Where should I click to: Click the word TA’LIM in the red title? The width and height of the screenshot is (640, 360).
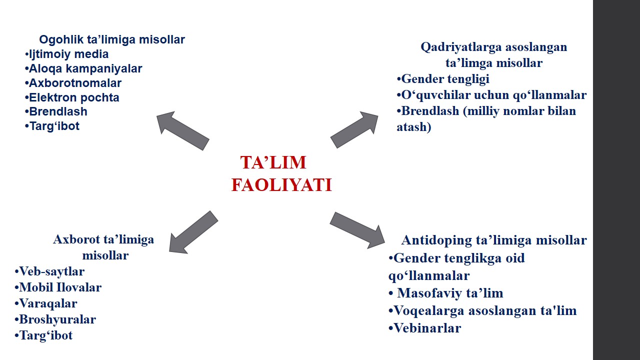(273, 162)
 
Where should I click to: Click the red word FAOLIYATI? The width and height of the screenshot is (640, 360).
(281, 185)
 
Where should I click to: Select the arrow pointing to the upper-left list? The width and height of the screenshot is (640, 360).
(183, 131)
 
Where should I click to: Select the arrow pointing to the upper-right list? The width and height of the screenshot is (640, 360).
(354, 129)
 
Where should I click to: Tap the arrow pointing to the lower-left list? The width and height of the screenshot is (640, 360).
(193, 232)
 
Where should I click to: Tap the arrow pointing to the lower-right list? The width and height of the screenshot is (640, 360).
(357, 230)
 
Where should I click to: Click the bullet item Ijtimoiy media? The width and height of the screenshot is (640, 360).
(66, 54)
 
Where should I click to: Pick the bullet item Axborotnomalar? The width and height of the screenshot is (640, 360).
(73, 83)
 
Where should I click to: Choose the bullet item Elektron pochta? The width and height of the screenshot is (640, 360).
(72, 97)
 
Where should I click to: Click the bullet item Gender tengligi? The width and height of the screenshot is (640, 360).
(443, 79)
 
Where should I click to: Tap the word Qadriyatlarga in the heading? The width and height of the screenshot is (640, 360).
(461, 47)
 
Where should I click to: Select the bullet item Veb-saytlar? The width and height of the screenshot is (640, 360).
(49, 271)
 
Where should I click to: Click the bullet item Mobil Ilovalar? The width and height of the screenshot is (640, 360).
(58, 287)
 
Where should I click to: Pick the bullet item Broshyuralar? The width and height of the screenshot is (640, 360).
(55, 319)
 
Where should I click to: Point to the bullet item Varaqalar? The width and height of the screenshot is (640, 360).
(45, 303)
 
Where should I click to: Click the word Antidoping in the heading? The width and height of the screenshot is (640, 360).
(436, 240)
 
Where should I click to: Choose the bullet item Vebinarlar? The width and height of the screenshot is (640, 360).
(425, 328)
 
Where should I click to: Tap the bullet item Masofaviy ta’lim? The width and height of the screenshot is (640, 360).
(446, 293)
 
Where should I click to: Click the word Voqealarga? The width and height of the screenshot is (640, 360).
(429, 311)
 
